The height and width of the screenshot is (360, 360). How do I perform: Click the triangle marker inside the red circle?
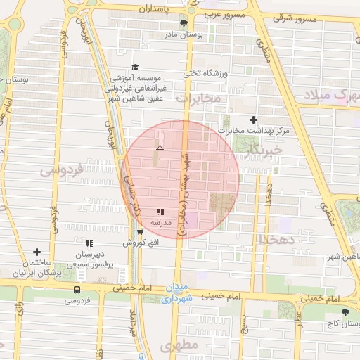coord(160,148)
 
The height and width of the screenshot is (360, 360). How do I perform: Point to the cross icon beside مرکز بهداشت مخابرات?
coord(254,120)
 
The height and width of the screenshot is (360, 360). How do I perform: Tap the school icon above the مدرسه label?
coord(160,211)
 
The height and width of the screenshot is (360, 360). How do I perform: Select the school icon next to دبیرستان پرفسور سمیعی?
coord(89,243)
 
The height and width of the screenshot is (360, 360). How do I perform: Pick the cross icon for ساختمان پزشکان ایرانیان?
coord(37,252)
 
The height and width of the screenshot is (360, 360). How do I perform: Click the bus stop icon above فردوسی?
coord(77,289)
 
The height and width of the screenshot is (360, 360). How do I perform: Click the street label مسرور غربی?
coord(229,14)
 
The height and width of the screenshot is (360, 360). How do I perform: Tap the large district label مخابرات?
coord(198,98)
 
